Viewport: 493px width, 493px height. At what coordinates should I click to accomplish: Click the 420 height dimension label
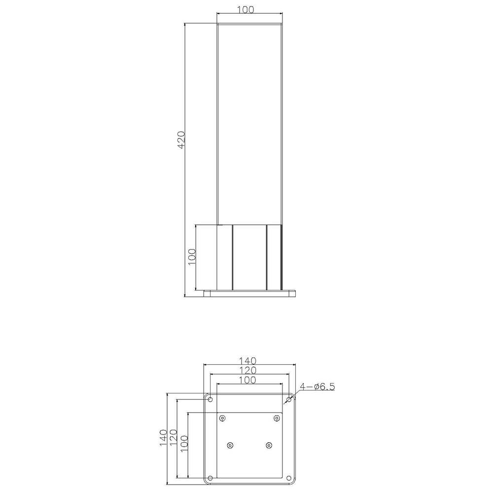click(181, 140)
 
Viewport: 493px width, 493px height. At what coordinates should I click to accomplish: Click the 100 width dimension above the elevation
click(245, 10)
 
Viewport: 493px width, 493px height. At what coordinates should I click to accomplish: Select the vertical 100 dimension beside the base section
click(192, 257)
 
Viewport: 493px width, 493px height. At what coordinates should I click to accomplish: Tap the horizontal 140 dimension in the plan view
click(248, 361)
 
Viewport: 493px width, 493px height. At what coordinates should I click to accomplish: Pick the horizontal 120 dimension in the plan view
click(248, 370)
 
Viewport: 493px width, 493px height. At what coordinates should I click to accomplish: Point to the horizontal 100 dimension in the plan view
click(248, 380)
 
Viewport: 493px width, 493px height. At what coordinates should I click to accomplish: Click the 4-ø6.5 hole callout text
click(317, 387)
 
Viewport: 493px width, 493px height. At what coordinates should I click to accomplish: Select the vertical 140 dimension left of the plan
click(163, 438)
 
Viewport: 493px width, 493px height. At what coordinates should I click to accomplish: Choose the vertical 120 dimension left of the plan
click(173, 438)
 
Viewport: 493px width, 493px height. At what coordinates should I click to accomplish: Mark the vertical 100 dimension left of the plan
click(183, 443)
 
